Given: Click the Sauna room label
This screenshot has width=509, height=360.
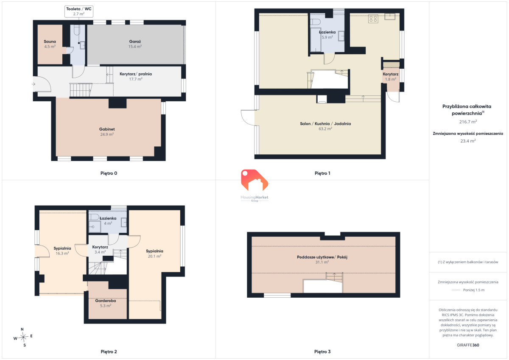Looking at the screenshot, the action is click(50, 44).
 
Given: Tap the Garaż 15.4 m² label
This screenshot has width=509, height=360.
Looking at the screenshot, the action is click(135, 44).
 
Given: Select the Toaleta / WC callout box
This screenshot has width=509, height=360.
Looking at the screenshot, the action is click(79, 11).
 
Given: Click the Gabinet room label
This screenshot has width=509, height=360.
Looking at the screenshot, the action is click(107, 131).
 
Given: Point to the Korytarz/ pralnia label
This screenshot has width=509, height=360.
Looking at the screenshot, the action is click(136, 76).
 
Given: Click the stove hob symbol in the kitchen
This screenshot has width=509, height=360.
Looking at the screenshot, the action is click(373, 19).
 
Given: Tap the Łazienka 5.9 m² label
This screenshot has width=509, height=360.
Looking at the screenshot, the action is click(327, 34).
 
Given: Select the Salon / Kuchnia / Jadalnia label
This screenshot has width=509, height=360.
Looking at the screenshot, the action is click(325, 126).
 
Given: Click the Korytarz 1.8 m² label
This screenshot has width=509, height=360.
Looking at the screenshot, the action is click(390, 77).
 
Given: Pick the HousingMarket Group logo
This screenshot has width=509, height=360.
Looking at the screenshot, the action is click(255, 186).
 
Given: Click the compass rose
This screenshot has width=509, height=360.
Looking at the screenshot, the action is click(23, 337).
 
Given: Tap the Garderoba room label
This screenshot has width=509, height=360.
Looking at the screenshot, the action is click(106, 303).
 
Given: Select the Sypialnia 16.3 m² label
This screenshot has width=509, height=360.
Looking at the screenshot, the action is click(62, 251).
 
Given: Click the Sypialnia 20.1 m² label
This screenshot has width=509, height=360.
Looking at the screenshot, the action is click(154, 254).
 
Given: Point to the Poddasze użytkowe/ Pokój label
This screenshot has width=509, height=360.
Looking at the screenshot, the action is click(322, 260).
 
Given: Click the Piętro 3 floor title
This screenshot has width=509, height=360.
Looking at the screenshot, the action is click(322, 352).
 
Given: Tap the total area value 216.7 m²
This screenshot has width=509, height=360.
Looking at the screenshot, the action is click(468, 122).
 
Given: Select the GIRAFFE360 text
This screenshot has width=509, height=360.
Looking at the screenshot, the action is click(468, 345).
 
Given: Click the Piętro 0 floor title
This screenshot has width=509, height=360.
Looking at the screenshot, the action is click(109, 173).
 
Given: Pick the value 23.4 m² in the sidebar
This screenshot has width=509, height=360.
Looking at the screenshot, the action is click(468, 141).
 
